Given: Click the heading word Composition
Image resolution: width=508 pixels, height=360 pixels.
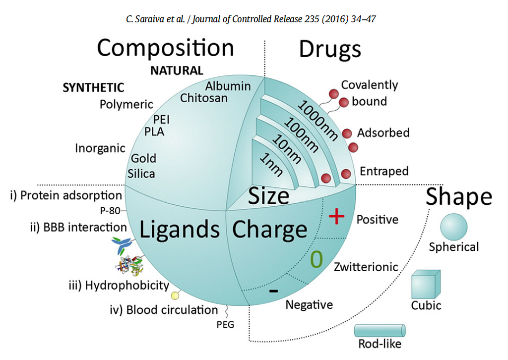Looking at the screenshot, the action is point(165,48).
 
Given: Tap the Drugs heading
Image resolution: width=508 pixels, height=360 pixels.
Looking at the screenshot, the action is point(330,50).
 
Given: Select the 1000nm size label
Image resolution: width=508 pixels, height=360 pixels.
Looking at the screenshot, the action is point(317,120).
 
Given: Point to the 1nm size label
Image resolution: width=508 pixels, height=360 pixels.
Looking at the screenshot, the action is point(271,165).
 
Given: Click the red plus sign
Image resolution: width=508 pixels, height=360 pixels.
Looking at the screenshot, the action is point(337,216).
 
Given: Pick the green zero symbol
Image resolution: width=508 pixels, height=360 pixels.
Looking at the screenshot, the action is point(317,259).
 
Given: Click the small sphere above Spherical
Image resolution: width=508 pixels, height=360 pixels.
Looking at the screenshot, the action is point(453,227).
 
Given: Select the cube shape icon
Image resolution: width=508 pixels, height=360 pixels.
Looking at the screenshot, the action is point(426,284).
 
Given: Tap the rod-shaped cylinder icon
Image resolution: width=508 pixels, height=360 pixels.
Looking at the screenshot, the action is point(380,331).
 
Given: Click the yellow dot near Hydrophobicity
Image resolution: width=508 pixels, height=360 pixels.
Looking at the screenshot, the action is point(175,295).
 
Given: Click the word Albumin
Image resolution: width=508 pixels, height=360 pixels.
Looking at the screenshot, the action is point(228,86).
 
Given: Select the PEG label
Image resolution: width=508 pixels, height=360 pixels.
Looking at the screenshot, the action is point(225,324).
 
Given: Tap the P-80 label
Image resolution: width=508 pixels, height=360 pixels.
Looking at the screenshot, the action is point(110,211).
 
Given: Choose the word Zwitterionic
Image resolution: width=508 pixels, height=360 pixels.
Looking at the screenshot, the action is point(366,267).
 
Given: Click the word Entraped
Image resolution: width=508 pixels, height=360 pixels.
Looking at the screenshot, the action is point(384,171).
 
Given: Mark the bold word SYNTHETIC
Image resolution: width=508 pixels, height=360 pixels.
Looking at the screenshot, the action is point(93,87).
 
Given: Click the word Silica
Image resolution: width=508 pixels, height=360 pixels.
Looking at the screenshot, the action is point(141,174).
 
